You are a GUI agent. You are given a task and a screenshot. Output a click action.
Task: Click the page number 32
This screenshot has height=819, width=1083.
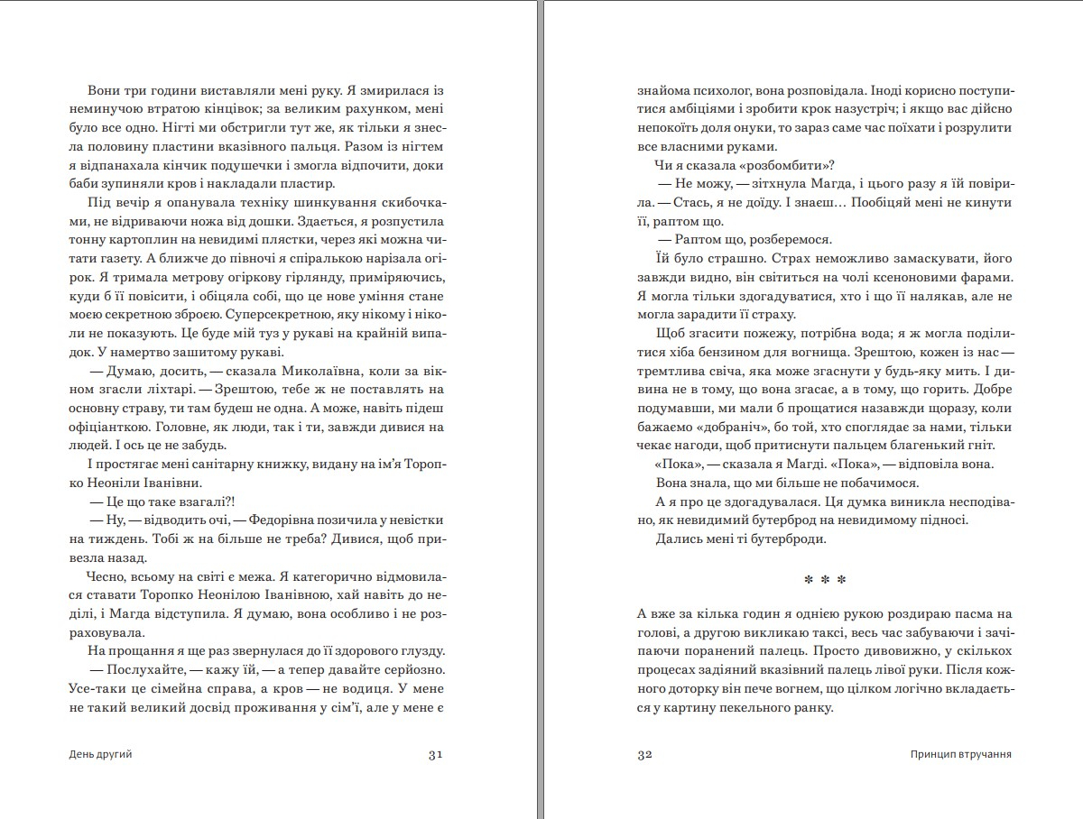click(644, 755)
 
